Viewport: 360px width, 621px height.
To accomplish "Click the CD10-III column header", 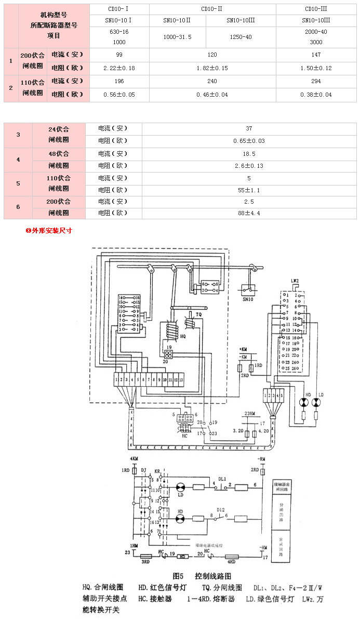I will coord(315,9).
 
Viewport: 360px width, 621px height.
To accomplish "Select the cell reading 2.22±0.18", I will coord(119,68).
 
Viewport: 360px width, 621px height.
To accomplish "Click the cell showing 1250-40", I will coord(240,37).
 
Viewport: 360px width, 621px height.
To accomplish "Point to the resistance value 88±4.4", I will coord(249,213).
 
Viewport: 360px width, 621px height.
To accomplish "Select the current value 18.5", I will coord(249,154).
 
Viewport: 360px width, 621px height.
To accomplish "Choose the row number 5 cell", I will coord(18,183).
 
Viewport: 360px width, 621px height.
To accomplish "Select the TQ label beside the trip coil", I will coord(198,315).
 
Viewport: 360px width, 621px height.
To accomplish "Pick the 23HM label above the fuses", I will coord(250,413).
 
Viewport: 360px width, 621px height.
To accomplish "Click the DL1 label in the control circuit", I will coord(222,478).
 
